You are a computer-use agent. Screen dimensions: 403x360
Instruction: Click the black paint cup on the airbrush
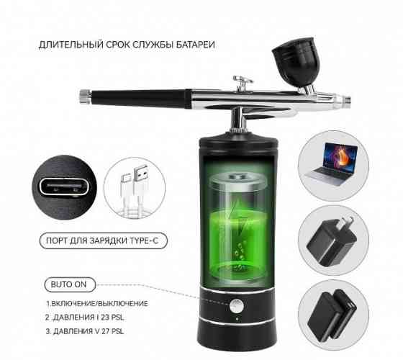point(296,62)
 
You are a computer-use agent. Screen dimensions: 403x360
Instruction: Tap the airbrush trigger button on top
point(242,83)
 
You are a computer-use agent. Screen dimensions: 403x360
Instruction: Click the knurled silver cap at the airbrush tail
point(85,96)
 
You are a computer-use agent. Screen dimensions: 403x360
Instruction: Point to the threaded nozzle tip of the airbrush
point(345,99)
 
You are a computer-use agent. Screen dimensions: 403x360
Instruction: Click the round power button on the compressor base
point(237,306)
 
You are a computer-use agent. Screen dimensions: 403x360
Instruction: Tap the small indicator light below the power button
point(237,320)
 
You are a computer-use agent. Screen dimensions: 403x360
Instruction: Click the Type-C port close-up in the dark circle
point(64,186)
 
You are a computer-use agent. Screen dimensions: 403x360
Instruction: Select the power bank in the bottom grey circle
point(332,315)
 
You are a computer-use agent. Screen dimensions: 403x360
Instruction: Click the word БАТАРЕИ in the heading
point(195,45)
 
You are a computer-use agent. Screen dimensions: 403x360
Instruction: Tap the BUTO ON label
point(68,284)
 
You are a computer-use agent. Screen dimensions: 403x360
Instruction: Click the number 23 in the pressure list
point(105,318)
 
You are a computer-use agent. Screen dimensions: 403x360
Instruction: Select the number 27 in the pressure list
point(106,331)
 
